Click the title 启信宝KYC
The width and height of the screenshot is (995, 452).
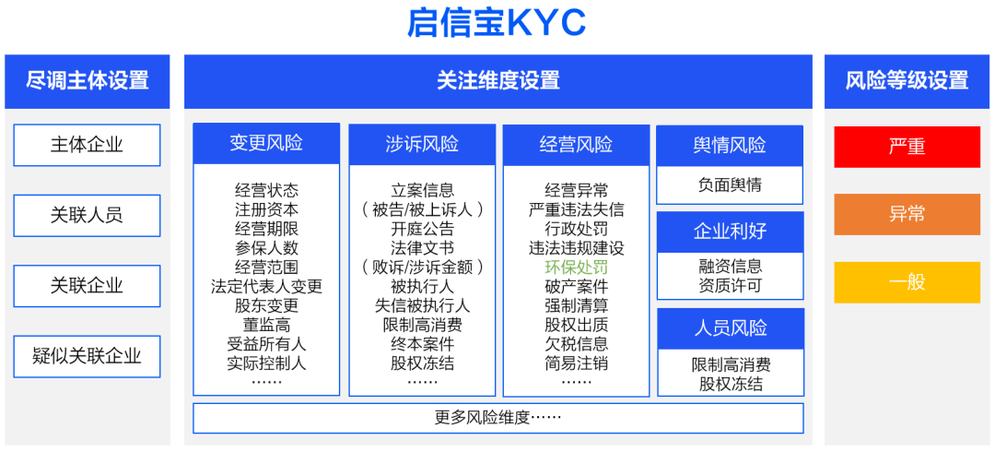[x=496, y=23]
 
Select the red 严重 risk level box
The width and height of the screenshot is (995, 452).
[x=907, y=147]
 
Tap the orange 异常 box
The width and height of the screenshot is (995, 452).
[x=907, y=214]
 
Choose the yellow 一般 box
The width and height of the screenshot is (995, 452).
[x=907, y=282]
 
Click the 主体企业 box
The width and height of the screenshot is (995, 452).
[x=87, y=145]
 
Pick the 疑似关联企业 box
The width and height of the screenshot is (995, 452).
[x=87, y=357]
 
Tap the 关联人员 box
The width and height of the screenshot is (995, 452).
[x=87, y=216]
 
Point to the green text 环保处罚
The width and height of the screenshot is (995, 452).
[x=576, y=267]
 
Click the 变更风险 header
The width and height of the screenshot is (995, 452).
[x=266, y=144]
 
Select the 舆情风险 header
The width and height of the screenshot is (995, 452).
[x=730, y=146]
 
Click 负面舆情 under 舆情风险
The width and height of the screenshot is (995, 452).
[x=730, y=185]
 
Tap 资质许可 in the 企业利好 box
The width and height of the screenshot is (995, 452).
[x=730, y=285]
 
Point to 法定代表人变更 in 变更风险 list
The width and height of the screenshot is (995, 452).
[x=266, y=286]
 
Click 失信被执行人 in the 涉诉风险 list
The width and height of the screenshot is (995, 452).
[x=423, y=305]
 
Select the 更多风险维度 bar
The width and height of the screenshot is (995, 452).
[x=498, y=418]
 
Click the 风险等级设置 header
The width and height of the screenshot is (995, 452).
[x=907, y=81]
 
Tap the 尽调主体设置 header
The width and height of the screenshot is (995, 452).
[x=88, y=81]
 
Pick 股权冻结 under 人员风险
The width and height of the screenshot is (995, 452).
[x=731, y=384]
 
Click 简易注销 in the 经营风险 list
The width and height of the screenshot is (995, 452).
[x=576, y=363]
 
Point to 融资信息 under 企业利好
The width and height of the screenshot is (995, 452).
[x=730, y=266]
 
